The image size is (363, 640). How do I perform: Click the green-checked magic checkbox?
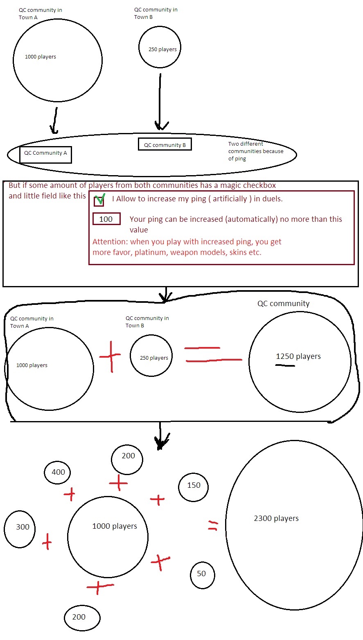(x=99, y=201)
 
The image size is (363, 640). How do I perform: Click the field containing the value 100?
(x=106, y=219)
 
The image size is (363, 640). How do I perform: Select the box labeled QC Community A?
(x=45, y=155)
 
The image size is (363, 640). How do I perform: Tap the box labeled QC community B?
(x=165, y=144)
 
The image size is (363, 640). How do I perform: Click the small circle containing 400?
(x=57, y=473)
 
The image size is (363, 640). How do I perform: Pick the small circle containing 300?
(x=19, y=529)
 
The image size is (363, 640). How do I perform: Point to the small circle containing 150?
(x=193, y=487)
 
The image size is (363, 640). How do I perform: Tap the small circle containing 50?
(x=202, y=575)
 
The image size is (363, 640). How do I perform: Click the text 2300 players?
(x=276, y=518)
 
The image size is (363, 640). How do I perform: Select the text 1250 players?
(x=298, y=356)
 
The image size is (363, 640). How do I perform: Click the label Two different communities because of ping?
(x=256, y=151)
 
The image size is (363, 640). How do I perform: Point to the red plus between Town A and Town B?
(x=110, y=356)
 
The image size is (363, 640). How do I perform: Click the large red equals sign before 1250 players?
(x=213, y=354)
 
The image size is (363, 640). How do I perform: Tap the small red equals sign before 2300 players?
(x=213, y=525)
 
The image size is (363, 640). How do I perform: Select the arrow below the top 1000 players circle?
(x=55, y=121)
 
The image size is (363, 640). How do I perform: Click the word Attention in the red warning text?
(x=110, y=242)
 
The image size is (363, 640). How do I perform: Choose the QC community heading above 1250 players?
(x=284, y=304)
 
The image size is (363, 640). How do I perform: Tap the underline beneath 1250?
(x=285, y=365)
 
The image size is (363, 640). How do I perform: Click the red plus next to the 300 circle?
(x=47, y=541)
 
